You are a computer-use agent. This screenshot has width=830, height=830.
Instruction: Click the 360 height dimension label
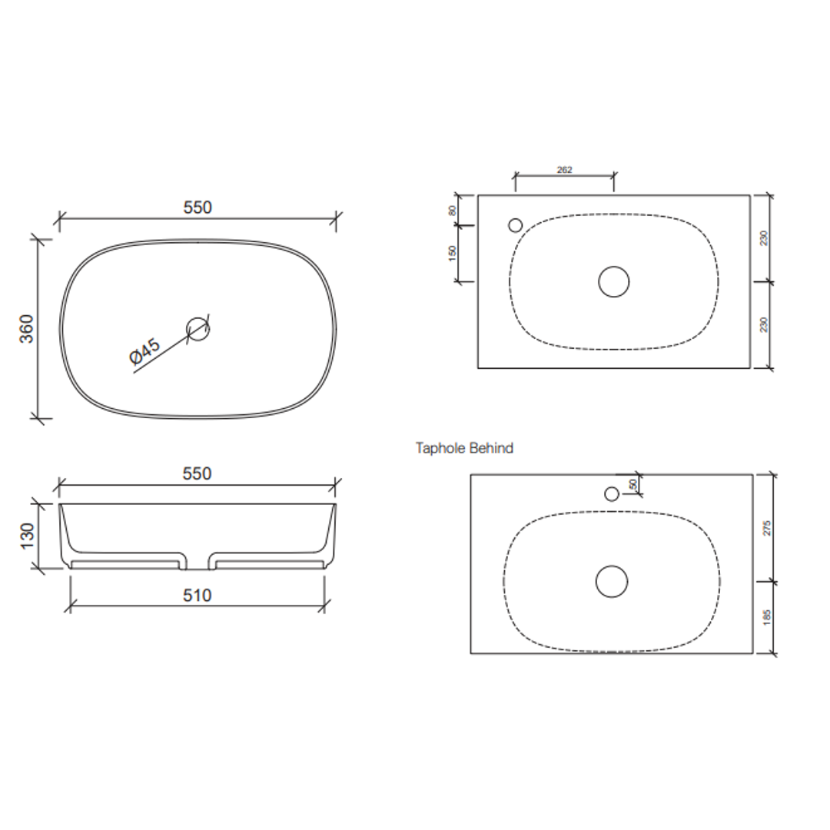27,328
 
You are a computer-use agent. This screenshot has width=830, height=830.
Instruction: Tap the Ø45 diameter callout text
144,351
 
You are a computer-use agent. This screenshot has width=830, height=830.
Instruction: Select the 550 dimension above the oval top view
198,207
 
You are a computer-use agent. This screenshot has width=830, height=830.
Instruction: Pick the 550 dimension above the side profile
198,474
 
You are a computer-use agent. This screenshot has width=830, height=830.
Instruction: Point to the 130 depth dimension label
27,536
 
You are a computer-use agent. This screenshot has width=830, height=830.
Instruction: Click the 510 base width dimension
198,596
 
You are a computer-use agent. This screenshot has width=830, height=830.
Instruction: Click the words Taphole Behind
464,448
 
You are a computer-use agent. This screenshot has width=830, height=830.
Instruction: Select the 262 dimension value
564,171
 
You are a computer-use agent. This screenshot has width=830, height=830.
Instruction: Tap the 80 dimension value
453,209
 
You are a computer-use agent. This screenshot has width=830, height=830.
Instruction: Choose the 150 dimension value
453,253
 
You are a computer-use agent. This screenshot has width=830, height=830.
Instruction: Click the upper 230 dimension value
764,238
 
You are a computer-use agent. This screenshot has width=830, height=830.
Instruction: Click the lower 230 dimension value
764,325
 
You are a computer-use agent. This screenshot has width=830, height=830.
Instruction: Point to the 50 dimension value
633,485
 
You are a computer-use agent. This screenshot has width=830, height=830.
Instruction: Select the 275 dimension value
767,527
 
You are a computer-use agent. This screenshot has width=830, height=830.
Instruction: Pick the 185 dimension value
767,617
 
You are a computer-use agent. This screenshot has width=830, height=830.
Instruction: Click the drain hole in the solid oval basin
198,329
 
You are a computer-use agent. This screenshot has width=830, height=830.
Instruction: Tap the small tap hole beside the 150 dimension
516,225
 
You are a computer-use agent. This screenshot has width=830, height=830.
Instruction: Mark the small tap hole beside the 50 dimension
612,494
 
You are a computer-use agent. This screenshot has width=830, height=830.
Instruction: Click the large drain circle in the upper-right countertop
613,282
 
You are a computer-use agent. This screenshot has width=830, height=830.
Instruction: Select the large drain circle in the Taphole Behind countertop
612,581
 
